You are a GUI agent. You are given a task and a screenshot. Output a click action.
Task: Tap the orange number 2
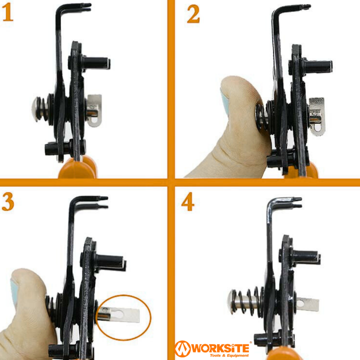(193, 14)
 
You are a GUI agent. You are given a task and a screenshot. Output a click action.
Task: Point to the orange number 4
(188, 201)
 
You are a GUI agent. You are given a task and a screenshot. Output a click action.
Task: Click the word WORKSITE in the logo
(220, 348)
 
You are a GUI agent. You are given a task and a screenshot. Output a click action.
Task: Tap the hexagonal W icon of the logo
(182, 349)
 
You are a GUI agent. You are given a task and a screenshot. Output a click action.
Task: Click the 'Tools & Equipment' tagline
(229, 355)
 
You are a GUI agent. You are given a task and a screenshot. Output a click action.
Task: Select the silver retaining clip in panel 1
(94, 110)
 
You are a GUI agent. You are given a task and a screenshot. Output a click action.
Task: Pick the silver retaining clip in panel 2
(316, 116)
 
